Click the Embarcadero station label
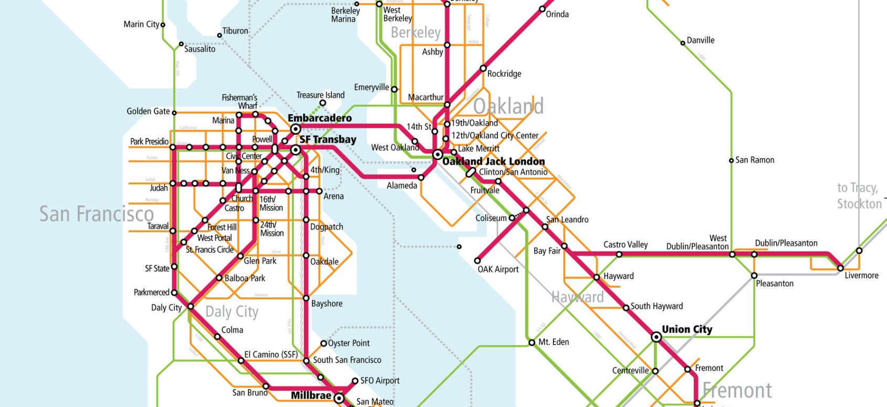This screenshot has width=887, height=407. pyautogui.click(x=319, y=118)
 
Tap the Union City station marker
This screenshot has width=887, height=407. pyautogui.click(x=656, y=337)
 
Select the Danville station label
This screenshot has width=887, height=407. pyautogui.click(x=701, y=40)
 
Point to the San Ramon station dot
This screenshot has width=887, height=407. pyautogui.click(x=731, y=160)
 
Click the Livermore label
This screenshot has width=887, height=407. pyautogui.click(x=861, y=275)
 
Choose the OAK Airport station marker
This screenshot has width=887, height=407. pyautogui.click(x=477, y=260)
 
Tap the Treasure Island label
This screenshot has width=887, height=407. pyautogui.click(x=320, y=95)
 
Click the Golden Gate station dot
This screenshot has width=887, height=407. pyautogui.click(x=174, y=113)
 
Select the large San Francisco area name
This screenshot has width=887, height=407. pyautogui.click(x=97, y=213)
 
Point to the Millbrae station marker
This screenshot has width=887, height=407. pyautogui.click(x=339, y=399)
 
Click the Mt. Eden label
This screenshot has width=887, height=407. pyautogui.click(x=554, y=342)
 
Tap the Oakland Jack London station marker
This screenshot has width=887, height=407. pyautogui.click(x=437, y=155)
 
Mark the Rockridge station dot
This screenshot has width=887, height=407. pyautogui.click(x=483, y=68)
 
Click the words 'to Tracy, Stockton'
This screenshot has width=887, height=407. pyautogui.click(x=859, y=196)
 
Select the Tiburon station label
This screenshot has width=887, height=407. pyautogui.click(x=235, y=31)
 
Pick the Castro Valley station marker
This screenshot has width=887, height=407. pyautogui.click(x=619, y=254)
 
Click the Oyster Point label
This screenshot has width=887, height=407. pyautogui.click(x=349, y=343)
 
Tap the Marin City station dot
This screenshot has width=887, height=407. pyautogui.click(x=163, y=25)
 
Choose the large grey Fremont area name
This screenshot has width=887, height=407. pyautogui.click(x=737, y=390)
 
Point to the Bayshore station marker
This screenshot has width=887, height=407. pyautogui.click(x=306, y=298)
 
